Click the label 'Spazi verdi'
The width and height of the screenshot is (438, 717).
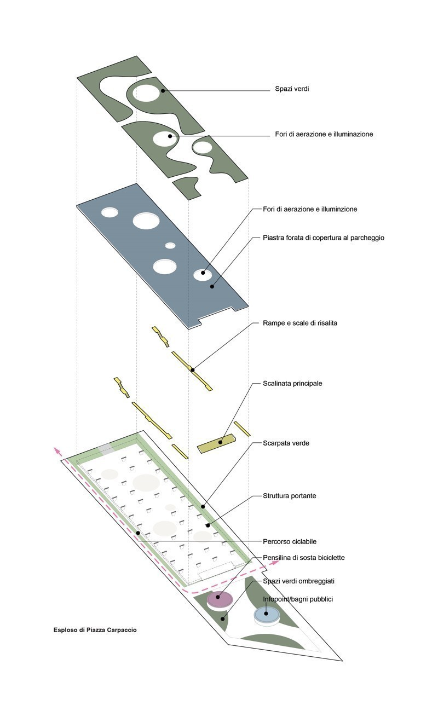coord(292,89)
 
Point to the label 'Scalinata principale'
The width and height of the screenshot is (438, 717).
coord(292,383)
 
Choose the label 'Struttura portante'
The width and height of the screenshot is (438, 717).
coord(289,496)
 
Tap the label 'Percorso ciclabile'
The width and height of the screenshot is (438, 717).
coord(290,541)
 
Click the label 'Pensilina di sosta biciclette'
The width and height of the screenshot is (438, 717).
coord(303,558)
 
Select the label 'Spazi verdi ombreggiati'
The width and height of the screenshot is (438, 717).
coord(298,581)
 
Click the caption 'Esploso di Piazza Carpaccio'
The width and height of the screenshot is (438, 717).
coord(95,630)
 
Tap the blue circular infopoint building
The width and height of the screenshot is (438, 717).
coord(267,614)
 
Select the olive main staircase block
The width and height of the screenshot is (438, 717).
coord(217,444)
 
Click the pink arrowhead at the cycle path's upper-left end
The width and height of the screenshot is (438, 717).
coord(56,450)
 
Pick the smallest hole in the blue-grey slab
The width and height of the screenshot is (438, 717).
coord(170,245)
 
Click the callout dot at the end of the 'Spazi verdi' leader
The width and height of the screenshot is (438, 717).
coord(163,90)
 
